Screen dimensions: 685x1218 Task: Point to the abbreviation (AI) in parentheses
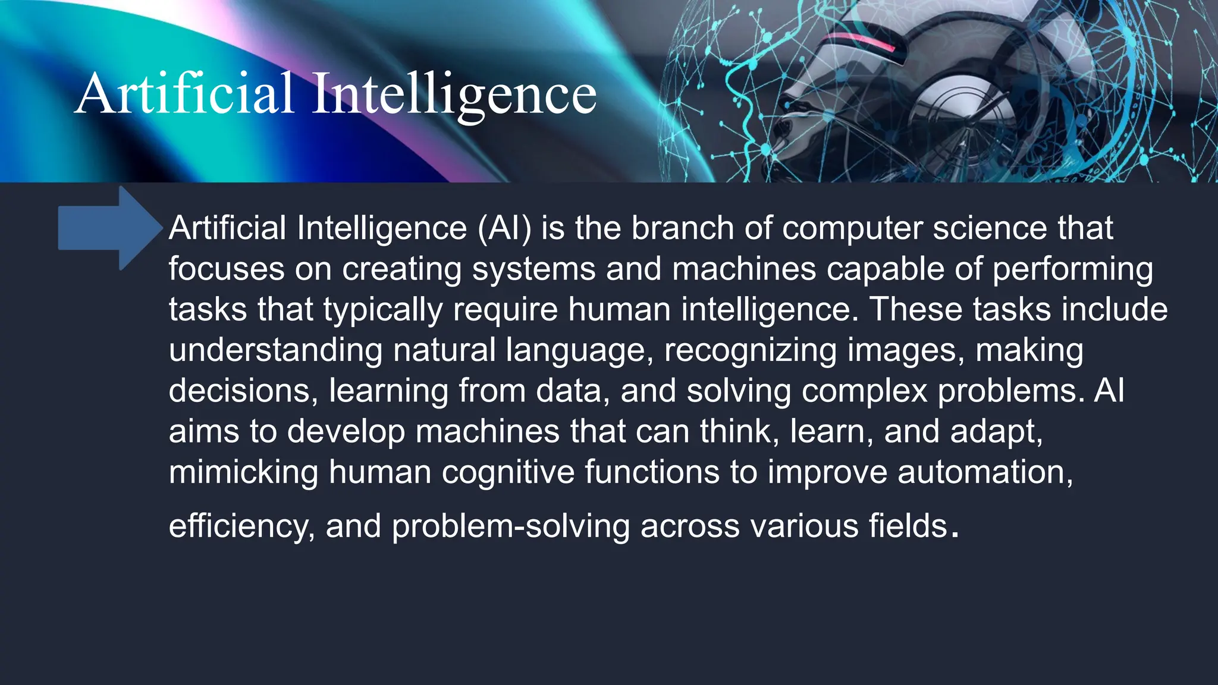pos(504,228)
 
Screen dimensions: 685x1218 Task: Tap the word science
pos(989,228)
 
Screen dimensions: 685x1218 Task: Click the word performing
pos(1072,270)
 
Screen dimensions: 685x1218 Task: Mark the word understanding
pos(275,351)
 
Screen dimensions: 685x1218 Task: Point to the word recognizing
pos(750,351)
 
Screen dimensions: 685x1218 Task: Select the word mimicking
pos(243,473)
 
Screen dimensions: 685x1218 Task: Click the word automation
pos(985,473)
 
